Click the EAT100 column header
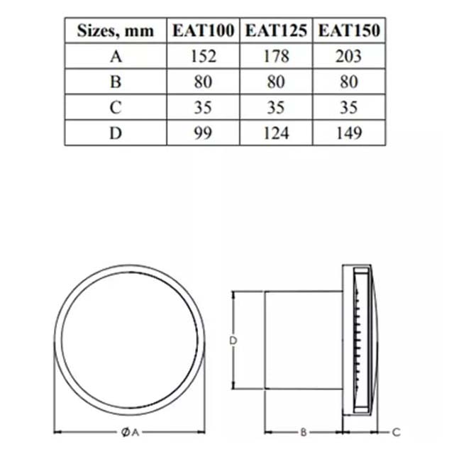(x=204, y=31)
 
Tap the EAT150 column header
(x=349, y=31)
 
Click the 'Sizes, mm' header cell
(x=116, y=31)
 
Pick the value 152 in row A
(x=204, y=57)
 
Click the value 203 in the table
(x=349, y=57)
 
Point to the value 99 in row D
(x=204, y=133)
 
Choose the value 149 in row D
(x=349, y=133)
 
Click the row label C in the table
(x=116, y=108)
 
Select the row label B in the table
(x=116, y=82)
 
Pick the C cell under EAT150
(x=349, y=108)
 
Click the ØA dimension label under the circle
(x=128, y=431)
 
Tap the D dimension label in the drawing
(x=233, y=341)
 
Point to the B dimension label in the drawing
(x=303, y=431)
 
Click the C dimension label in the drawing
(x=397, y=431)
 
